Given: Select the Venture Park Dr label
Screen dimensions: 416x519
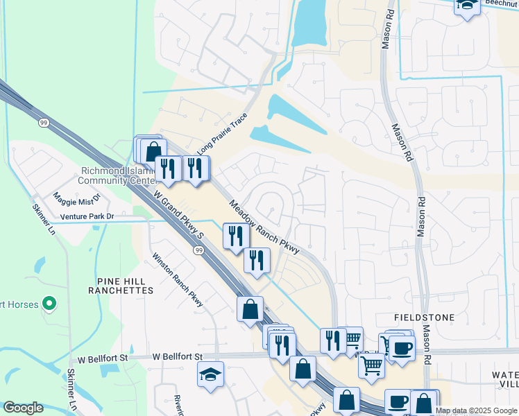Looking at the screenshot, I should coord(87,217).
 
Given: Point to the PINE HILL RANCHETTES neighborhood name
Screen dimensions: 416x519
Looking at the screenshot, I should coord(120,286).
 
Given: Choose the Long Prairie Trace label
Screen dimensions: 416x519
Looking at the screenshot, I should coord(222,135).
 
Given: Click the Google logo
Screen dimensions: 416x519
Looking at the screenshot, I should coord(23,408).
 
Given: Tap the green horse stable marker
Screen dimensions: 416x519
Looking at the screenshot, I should coord(49,303).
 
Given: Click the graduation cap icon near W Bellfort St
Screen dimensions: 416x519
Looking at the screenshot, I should coord(210,374).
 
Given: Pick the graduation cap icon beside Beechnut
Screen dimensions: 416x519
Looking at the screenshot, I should coord(467,5).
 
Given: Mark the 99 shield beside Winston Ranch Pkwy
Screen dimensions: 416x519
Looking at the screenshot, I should coord(200,250).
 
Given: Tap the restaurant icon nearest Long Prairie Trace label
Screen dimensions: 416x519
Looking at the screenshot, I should coord(195,167).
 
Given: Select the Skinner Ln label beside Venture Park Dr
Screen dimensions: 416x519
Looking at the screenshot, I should coord(43,218).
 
